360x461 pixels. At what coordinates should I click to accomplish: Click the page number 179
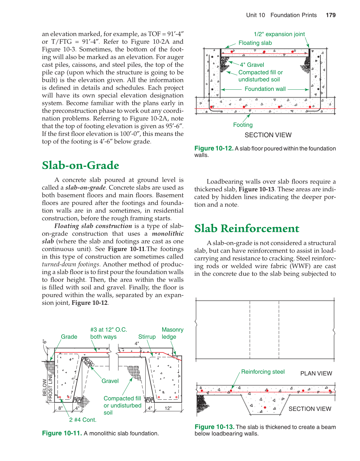pyautogui.click(x=331, y=15)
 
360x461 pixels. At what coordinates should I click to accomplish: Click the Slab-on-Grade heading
pyautogui.click(x=80, y=165)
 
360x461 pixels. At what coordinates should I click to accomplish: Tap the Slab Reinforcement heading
pyautogui.click(x=247, y=228)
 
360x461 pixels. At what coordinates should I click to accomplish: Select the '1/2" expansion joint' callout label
pyautogui.click(x=279, y=34)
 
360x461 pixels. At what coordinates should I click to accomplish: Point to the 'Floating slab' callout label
pyautogui.click(x=255, y=43)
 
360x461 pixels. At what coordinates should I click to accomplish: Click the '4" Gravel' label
pyautogui.click(x=252, y=65)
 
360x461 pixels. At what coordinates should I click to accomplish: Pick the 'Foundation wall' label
pyautogui.click(x=265, y=89)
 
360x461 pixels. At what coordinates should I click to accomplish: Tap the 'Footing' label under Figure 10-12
pyautogui.click(x=243, y=125)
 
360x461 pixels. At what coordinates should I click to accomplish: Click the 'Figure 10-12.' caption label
pyautogui.click(x=214, y=148)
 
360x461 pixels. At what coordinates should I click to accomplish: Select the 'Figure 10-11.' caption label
pyautogui.click(x=62, y=433)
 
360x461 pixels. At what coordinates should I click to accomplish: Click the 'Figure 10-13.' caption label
pyautogui.click(x=214, y=427)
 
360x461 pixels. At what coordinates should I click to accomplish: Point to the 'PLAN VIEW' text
pyautogui.click(x=316, y=373)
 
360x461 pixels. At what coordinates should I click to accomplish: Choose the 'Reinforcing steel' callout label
pyautogui.click(x=263, y=372)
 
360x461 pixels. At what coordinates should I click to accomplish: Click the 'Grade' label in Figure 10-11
pyautogui.click(x=69, y=337)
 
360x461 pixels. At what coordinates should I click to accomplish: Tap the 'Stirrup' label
pyautogui.click(x=147, y=337)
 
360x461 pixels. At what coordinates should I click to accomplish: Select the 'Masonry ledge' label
pyautogui.click(x=172, y=333)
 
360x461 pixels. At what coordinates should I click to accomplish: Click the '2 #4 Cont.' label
pyautogui.click(x=82, y=420)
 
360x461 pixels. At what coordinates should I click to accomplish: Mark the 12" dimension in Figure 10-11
pyautogui.click(x=168, y=408)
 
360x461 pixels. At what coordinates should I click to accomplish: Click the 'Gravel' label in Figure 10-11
pyautogui.click(x=110, y=381)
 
